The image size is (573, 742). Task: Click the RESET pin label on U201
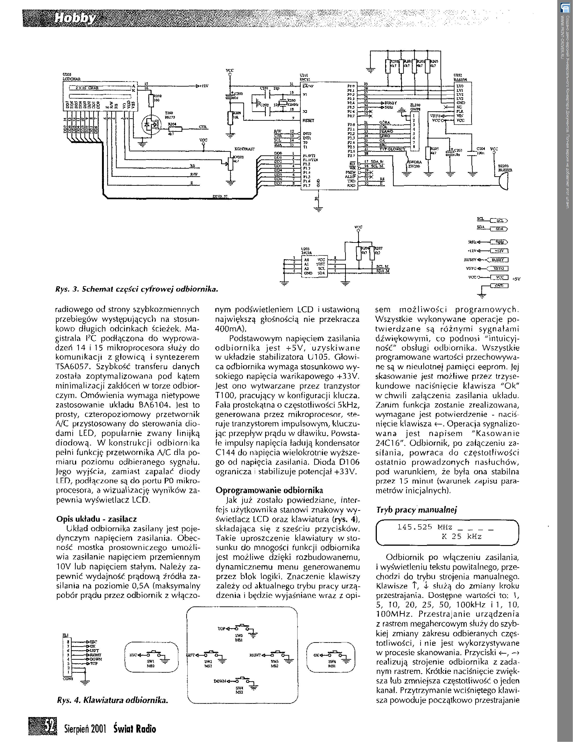pyautogui.click(x=308, y=120)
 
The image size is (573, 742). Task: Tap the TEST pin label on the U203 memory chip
pyautogui.click(x=320, y=264)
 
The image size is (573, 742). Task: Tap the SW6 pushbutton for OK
pyautogui.click(x=329, y=653)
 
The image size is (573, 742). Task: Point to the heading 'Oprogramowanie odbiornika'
pyautogui.click(x=269, y=490)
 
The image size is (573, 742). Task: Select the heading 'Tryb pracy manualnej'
pyautogui.click(x=417, y=510)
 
